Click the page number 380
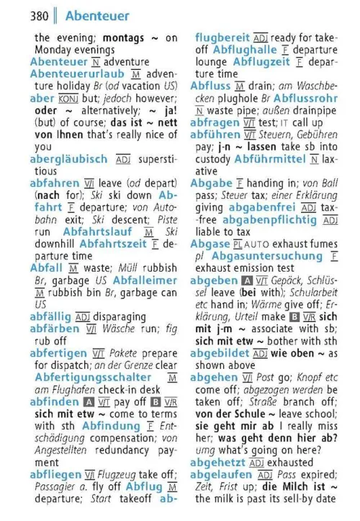coord(42,15)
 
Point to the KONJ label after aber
coord(68,98)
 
